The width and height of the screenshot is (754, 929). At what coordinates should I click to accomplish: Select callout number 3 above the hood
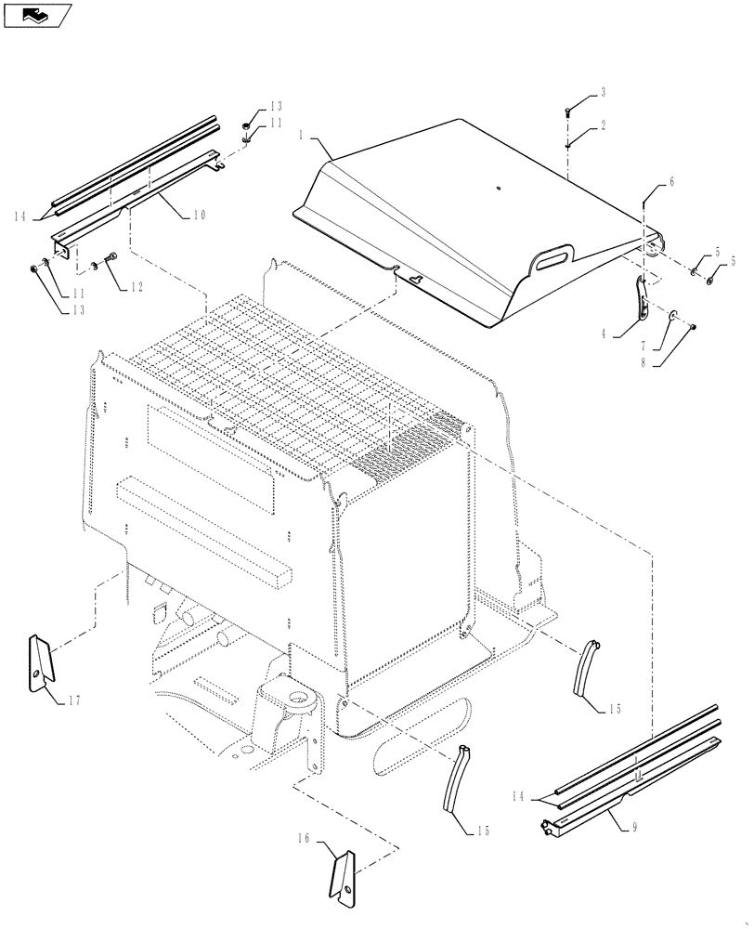click(x=602, y=92)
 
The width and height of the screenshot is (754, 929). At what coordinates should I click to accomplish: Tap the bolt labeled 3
click(x=567, y=111)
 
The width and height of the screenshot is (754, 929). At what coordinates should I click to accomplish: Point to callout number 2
click(x=602, y=125)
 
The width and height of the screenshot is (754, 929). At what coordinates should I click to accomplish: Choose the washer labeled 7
click(x=671, y=316)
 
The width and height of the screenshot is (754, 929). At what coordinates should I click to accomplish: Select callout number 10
click(x=200, y=215)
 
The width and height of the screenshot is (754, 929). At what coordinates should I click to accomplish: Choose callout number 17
click(x=74, y=701)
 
